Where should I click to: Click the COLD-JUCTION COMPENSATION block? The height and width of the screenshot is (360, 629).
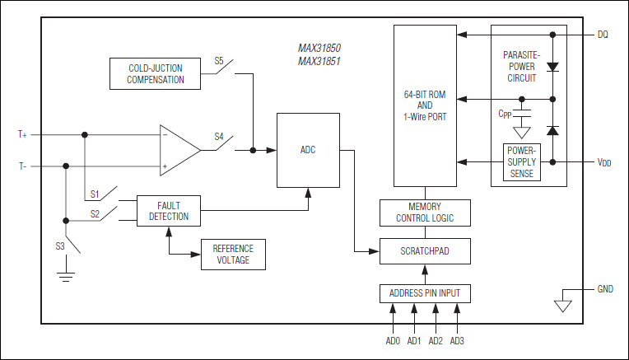[156, 74]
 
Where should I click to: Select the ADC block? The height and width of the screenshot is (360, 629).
[308, 150]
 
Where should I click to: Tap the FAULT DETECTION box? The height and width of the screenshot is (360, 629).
[169, 212]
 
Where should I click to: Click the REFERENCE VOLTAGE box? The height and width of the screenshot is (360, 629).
[233, 254]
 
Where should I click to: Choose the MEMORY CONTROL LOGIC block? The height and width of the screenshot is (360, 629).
[425, 213]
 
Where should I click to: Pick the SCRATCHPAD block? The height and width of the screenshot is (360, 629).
[425, 251]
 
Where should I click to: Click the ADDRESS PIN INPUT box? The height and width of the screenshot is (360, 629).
[425, 292]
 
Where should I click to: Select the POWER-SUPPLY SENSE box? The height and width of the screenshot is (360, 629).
[521, 162]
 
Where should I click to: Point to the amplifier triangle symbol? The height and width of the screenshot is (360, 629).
[178, 150]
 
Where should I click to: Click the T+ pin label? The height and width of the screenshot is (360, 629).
[22, 133]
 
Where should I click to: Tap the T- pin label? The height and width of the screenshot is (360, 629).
[22, 166]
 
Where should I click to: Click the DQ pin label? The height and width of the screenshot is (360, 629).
[603, 35]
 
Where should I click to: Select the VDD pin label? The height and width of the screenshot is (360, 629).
[603, 162]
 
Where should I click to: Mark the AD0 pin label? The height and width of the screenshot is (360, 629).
[392, 340]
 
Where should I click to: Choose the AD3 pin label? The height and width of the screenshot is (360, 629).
[457, 340]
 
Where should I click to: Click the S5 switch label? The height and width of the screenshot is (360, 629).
[219, 61]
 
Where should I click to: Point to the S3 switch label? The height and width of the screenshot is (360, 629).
[60, 245]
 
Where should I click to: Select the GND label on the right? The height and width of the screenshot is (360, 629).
[606, 290]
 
